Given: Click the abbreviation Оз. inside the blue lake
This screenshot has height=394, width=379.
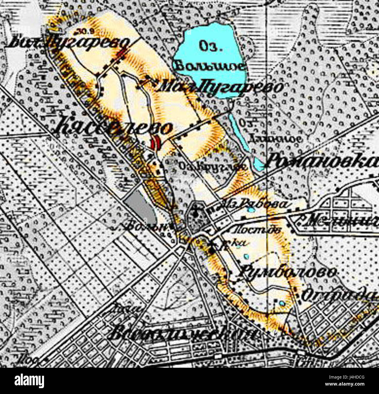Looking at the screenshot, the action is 209,47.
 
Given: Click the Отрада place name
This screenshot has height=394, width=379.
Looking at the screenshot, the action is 338,295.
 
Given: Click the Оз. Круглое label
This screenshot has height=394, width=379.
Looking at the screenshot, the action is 213,166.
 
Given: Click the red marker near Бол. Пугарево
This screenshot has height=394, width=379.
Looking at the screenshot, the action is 122,53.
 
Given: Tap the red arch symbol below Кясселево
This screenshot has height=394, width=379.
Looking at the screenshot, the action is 155,142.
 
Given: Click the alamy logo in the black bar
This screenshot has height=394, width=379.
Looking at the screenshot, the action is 29,381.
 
